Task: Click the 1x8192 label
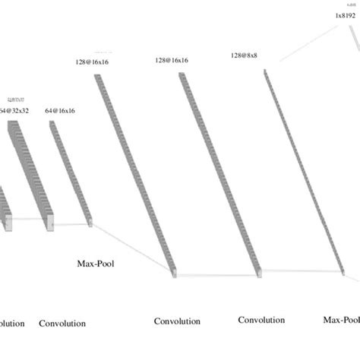click(x=346, y=15)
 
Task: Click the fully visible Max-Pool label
click(x=96, y=265)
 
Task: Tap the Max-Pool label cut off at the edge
click(x=341, y=320)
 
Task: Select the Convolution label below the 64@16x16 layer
click(x=62, y=324)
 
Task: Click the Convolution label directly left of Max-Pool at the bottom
click(x=262, y=320)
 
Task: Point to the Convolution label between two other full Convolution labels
click(x=177, y=321)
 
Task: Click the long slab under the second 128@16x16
click(x=220, y=175)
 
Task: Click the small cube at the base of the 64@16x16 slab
click(x=90, y=223)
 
